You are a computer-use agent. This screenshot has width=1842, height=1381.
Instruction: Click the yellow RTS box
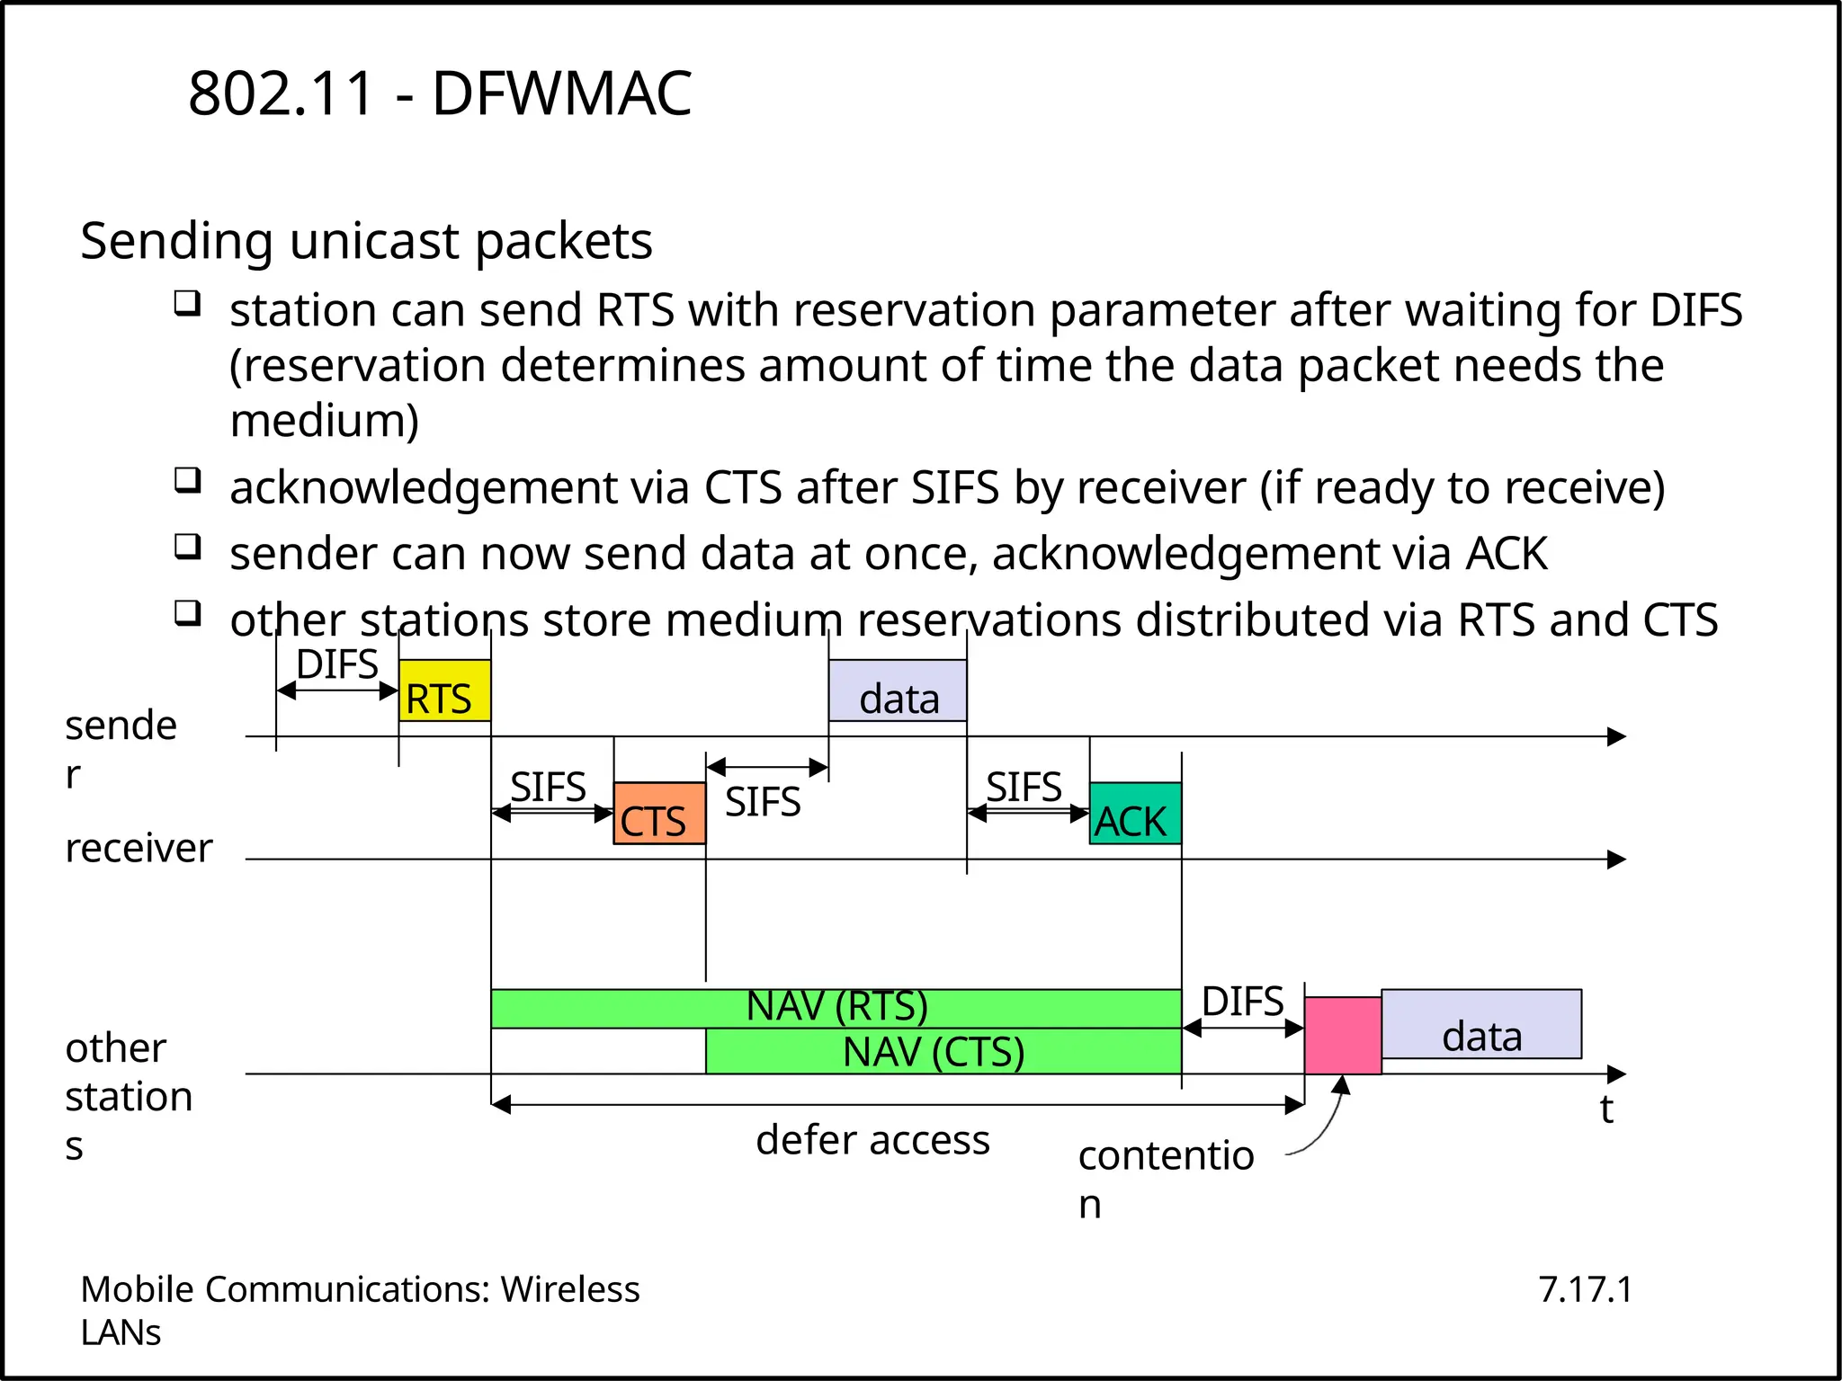click(444, 690)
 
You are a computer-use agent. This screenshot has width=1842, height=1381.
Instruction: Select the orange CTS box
click(658, 814)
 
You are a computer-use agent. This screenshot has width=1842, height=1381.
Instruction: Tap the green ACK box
click(1135, 814)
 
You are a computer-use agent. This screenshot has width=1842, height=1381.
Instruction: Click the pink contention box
click(1342, 1036)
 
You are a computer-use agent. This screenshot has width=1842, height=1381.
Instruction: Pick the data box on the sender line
click(898, 690)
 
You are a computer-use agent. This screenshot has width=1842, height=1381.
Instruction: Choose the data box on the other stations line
click(1481, 1025)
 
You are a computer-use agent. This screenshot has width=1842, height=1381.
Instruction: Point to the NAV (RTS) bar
click(836, 1008)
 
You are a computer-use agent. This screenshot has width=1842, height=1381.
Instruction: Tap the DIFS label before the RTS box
click(337, 665)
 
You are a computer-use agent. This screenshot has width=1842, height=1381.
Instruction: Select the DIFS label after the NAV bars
click(1242, 1002)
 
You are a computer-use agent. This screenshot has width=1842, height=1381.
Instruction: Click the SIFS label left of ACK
click(1024, 788)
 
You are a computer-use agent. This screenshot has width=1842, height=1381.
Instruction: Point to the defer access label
click(872, 1140)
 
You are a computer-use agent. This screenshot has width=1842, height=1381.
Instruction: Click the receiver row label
click(139, 848)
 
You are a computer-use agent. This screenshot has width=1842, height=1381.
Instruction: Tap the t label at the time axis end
click(1606, 1109)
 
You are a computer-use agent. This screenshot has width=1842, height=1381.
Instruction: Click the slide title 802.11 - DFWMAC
click(440, 94)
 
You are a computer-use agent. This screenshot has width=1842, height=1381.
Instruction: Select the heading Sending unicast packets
click(366, 241)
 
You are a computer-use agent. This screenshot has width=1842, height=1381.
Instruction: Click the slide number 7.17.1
click(1585, 1289)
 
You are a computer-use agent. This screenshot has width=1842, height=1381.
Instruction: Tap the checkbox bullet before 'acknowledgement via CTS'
click(187, 480)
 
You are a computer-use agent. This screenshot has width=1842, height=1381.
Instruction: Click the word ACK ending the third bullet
click(1507, 554)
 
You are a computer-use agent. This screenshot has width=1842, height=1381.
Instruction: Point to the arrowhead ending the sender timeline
click(1617, 737)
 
